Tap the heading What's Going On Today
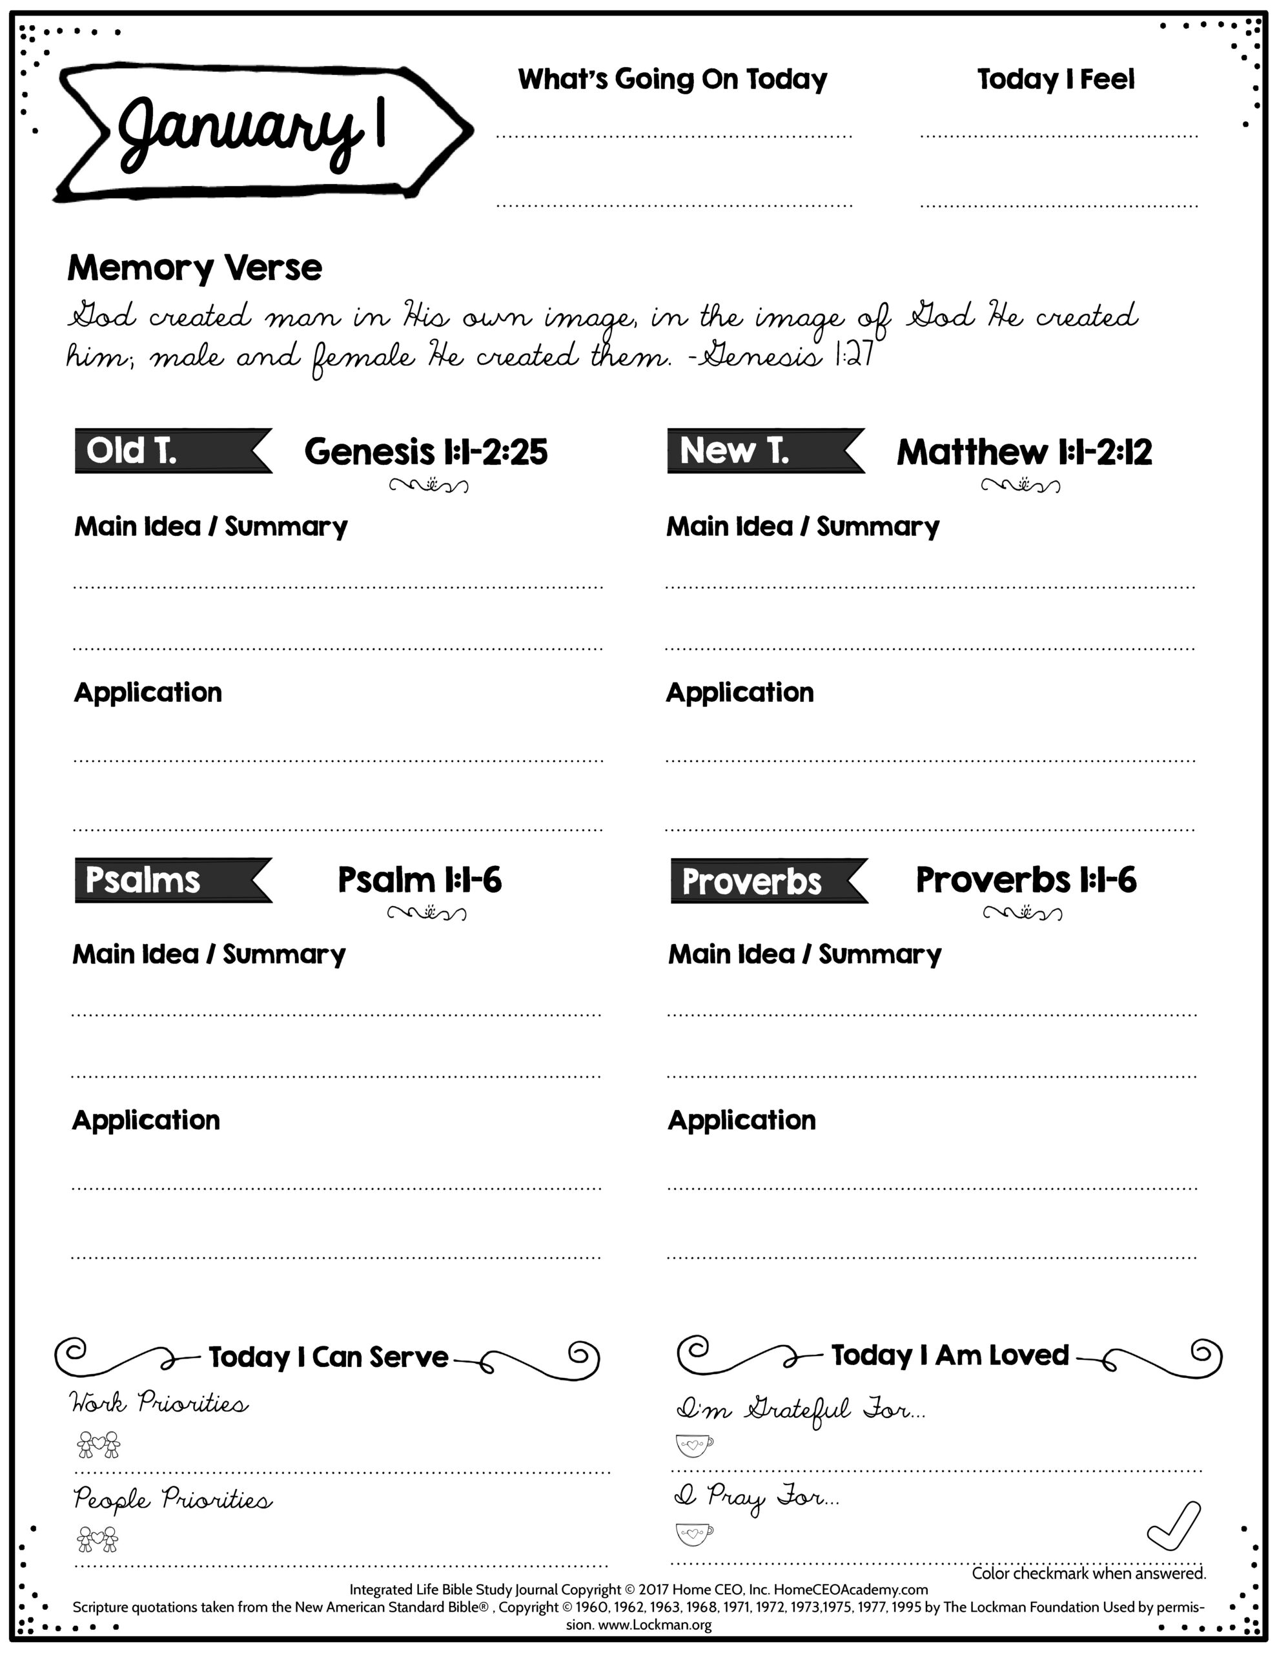click(x=672, y=79)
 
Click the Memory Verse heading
click(x=194, y=268)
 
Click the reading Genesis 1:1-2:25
click(x=425, y=452)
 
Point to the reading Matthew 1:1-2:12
click(x=1024, y=453)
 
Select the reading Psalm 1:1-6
click(x=420, y=880)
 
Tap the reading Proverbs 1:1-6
click(x=1026, y=880)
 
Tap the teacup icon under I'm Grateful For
click(x=693, y=1445)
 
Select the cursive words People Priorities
click(x=172, y=1499)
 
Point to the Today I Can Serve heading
click(x=329, y=1357)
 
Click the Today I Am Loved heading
click(x=949, y=1355)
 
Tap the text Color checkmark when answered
click(x=1088, y=1574)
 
